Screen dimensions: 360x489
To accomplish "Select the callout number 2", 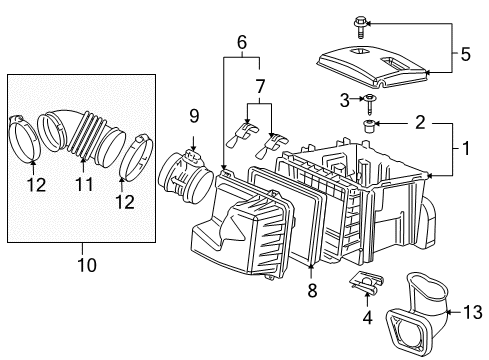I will (x=420, y=124).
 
